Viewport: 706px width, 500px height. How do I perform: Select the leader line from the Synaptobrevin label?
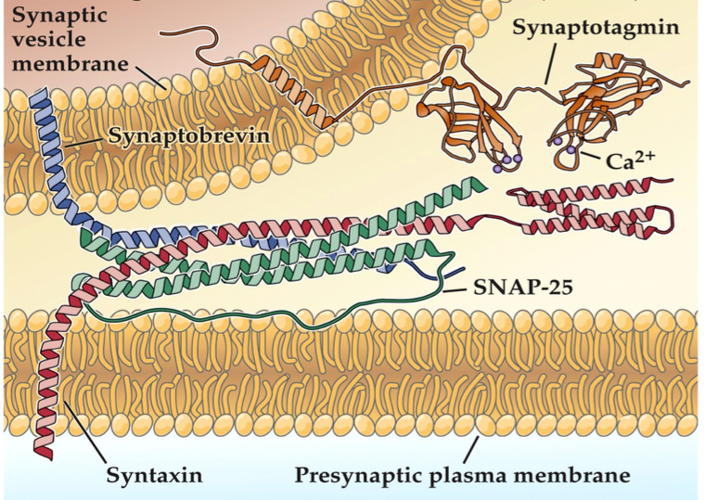89,139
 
